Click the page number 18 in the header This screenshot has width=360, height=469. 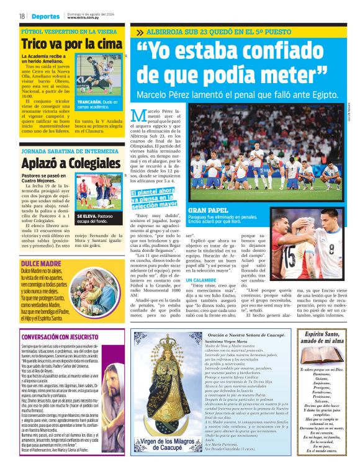pyautogui.click(x=22, y=16)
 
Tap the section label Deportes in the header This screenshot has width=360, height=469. pyautogui.click(x=47, y=16)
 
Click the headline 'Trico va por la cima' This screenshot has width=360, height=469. pyautogui.click(x=71, y=44)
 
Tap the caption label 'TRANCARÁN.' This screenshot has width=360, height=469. pyautogui.click(x=88, y=102)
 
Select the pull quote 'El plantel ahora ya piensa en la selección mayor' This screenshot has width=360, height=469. pyautogui.click(x=153, y=198)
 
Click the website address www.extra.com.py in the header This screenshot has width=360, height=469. pyautogui.click(x=84, y=18)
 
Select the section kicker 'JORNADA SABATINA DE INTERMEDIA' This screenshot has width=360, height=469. pyautogui.click(x=68, y=150)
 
